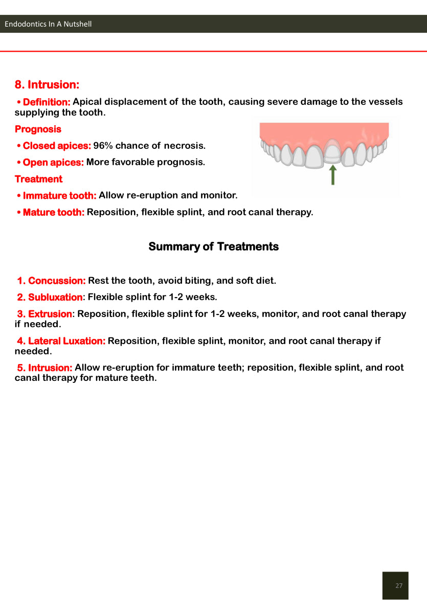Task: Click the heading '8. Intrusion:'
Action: [47, 84]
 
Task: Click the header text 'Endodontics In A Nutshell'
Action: [48, 24]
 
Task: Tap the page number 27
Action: [399, 585]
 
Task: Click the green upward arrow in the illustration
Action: [333, 174]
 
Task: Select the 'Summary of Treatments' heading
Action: [213, 246]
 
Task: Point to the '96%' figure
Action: [103, 146]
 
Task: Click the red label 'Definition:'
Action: [47, 102]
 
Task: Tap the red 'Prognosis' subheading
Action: [38, 129]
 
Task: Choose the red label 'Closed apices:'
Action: [57, 146]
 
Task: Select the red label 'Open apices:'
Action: [53, 163]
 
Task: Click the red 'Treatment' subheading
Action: [38, 179]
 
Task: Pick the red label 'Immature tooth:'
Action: [59, 195]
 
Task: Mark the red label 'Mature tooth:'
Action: [54, 212]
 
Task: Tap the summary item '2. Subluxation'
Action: [50, 297]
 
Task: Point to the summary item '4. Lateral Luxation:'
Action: [61, 341]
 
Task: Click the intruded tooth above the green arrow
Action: [332, 153]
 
